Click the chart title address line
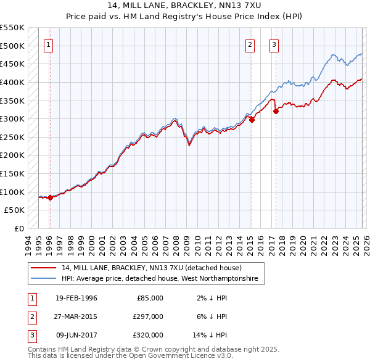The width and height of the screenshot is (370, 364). coord(185,6)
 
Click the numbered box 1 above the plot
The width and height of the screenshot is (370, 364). coord(49,44)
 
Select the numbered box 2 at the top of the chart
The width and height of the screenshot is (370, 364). coord(250,44)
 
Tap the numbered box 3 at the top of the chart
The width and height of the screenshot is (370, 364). coord(274,44)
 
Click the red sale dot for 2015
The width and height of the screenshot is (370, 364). coord(252,120)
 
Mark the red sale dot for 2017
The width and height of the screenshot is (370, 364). coord(276,111)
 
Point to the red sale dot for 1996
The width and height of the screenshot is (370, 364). coord(49,197)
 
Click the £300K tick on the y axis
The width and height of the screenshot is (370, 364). coord(12,118)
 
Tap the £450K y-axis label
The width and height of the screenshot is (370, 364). coord(12,64)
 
